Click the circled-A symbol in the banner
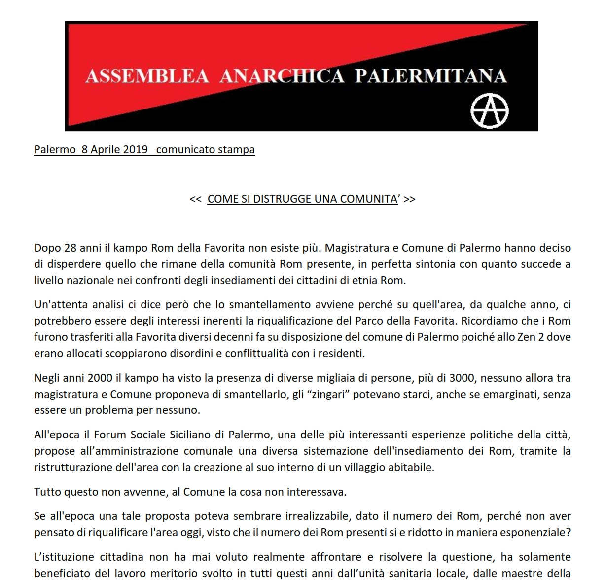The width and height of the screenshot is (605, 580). coord(489,111)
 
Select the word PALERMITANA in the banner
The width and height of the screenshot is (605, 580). coord(430,76)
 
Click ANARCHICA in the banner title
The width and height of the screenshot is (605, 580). coord(282,76)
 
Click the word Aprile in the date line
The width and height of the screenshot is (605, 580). coord(105,149)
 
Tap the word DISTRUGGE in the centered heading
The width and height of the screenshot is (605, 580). coord(284,199)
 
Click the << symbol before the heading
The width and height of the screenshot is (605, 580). coord(195,199)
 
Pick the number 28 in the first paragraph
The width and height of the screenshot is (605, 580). coord(70,248)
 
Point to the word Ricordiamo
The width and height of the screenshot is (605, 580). coord(494,321)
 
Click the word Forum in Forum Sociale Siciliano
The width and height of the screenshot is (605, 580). coord(109,435)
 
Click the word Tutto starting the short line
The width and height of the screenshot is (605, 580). coord(48,492)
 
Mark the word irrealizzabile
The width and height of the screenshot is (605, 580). coord(319,516)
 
